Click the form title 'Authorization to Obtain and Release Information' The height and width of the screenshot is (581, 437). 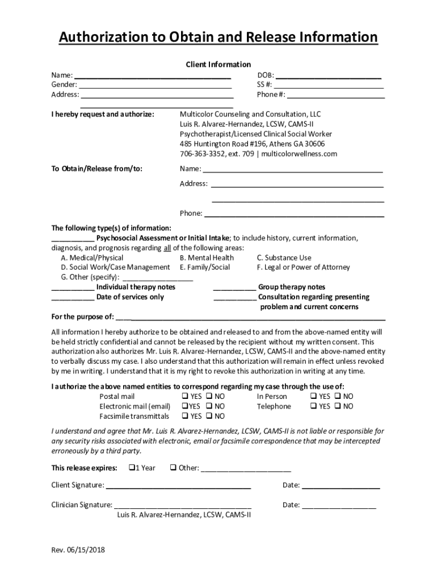click(218, 37)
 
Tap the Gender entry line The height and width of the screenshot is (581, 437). click(156, 85)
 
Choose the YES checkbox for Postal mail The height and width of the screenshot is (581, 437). click(184, 397)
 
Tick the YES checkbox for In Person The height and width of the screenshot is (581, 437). click(313, 397)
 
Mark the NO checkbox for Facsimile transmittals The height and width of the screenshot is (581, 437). click(209, 416)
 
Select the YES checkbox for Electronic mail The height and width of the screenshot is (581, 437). click(184, 406)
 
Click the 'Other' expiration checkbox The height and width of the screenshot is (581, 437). click(173, 468)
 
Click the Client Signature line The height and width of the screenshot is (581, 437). click(178, 486)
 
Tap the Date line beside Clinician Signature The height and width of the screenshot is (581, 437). click(339, 506)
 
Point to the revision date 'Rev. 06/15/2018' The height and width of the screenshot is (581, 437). click(78, 550)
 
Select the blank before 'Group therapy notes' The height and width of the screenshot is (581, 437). click(234, 288)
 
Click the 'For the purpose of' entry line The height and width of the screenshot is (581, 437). click(250, 317)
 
